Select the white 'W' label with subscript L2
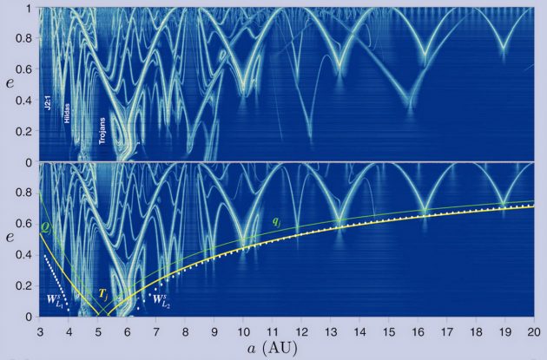[161, 299]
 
